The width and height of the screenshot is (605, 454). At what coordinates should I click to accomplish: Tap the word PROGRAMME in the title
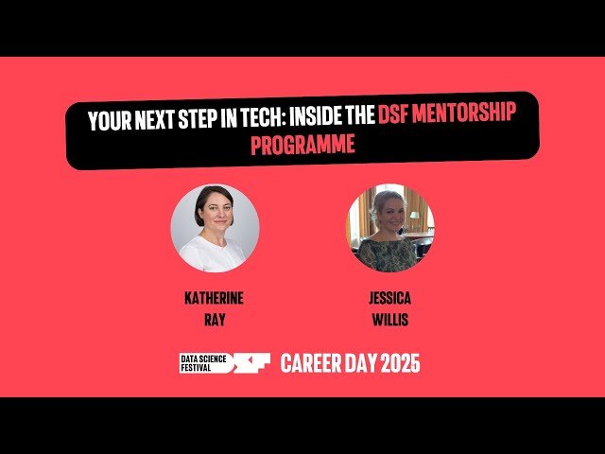coord(302,147)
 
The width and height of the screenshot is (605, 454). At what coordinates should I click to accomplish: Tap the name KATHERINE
coord(214,298)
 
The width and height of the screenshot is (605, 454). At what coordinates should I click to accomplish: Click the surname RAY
coord(214,319)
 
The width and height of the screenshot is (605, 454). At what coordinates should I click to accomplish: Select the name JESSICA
coord(389,298)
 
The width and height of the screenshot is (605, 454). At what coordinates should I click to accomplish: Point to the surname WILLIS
coord(389,319)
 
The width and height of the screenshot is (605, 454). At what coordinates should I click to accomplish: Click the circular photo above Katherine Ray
coord(215,228)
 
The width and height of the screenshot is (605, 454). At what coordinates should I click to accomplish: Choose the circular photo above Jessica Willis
coord(389,228)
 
